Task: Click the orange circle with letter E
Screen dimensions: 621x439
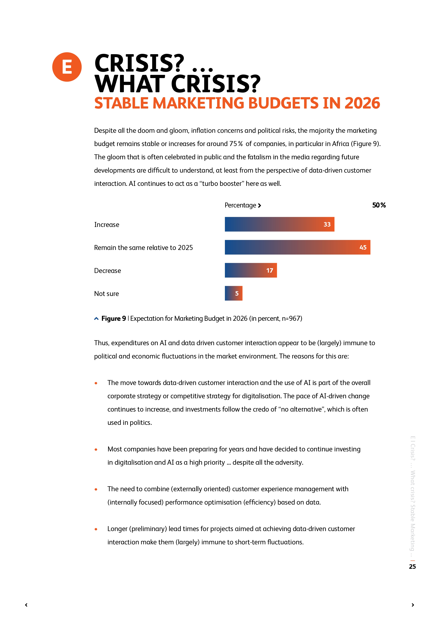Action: tap(67, 67)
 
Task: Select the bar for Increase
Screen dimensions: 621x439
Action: tap(279, 224)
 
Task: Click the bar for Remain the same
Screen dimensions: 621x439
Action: tap(297, 247)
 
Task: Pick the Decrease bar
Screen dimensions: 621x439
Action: tap(251, 270)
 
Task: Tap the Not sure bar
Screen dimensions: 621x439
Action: tap(233, 293)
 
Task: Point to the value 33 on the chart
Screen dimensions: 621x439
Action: tap(327, 224)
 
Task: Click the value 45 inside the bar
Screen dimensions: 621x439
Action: tap(363, 247)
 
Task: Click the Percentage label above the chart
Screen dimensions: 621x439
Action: tap(240, 205)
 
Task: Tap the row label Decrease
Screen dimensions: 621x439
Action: tap(108, 271)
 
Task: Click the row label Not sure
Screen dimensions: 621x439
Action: tap(107, 294)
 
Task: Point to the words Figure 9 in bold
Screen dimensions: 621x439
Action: tap(114, 318)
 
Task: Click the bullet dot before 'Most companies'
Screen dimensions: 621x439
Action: tap(96, 449)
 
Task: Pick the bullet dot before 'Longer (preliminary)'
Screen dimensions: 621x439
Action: tap(96, 529)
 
